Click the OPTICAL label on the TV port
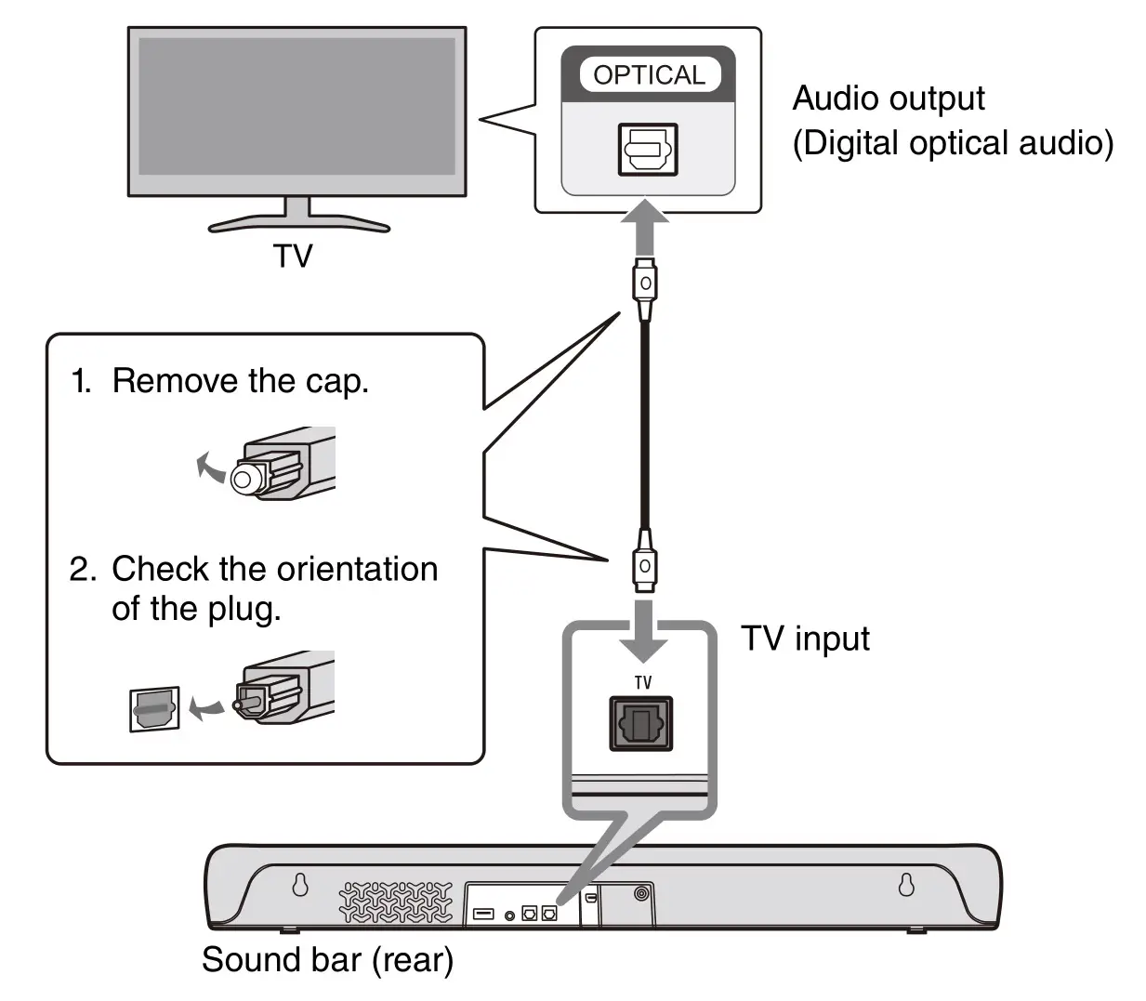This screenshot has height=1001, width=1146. click(649, 74)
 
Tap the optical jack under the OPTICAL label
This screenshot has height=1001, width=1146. click(648, 149)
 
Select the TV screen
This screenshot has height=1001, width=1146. click(296, 107)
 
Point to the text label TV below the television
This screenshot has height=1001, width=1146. click(293, 256)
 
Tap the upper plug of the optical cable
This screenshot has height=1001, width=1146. click(645, 282)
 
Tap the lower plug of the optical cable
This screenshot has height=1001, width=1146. click(644, 565)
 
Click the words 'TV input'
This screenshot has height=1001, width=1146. click(805, 639)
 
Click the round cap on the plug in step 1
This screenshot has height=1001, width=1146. click(244, 479)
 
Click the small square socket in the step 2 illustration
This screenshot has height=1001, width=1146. click(154, 710)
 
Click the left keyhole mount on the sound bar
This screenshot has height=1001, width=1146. click(300, 884)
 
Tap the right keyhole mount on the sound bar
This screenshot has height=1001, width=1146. click(906, 884)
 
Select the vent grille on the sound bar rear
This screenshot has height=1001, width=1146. click(394, 902)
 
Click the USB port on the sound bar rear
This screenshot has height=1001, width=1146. click(483, 914)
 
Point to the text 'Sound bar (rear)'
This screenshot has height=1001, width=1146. click(327, 959)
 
